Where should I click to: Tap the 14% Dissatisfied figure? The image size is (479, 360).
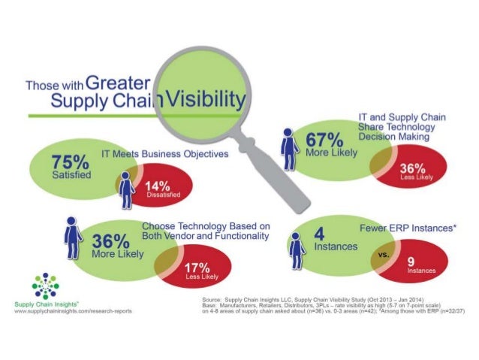click(161, 186)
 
